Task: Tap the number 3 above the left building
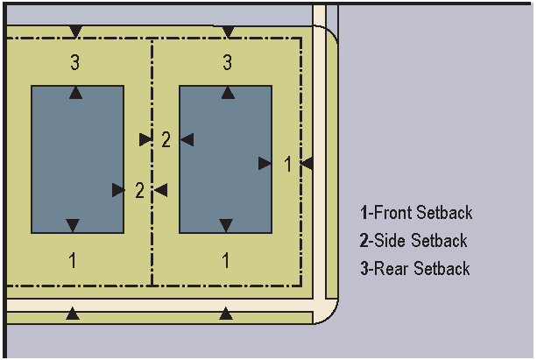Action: click(x=76, y=62)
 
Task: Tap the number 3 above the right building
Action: click(x=228, y=62)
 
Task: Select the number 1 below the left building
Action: click(x=73, y=260)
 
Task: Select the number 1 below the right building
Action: click(x=226, y=260)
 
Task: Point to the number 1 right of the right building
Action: click(x=287, y=164)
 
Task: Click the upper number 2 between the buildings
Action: click(x=166, y=139)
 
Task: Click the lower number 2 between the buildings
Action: click(x=139, y=190)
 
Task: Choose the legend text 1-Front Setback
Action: click(x=416, y=213)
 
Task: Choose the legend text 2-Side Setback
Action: click(x=413, y=241)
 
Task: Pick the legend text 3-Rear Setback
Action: click(x=414, y=269)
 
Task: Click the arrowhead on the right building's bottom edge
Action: click(x=226, y=226)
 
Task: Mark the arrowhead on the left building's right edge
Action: click(x=118, y=190)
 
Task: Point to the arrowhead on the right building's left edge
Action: click(x=187, y=139)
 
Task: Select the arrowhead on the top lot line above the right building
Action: click(x=228, y=32)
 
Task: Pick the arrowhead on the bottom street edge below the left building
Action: click(x=73, y=313)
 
